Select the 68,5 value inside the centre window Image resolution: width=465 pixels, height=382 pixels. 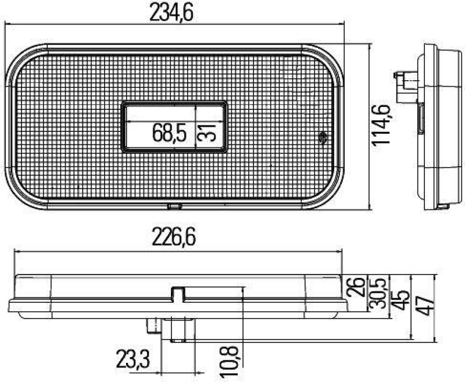click(x=169, y=133)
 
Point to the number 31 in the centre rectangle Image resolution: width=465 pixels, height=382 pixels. click(x=210, y=133)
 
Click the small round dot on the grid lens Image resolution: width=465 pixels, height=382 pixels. click(x=323, y=137)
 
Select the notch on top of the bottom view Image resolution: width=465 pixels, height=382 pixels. click(x=178, y=293)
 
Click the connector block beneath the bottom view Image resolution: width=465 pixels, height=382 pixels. click(x=174, y=329)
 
